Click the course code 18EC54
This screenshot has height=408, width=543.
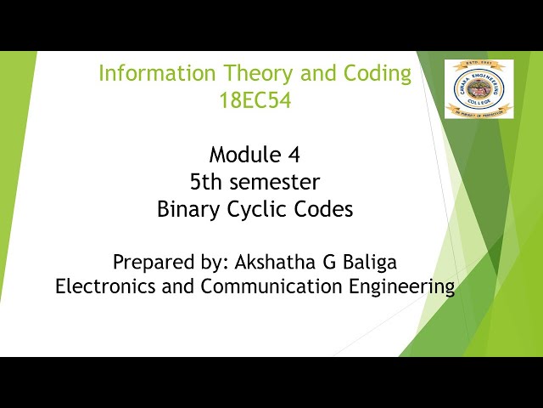click(x=255, y=100)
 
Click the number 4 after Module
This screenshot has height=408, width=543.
click(x=294, y=155)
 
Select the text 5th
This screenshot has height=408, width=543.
click(x=206, y=182)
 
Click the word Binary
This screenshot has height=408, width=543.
click(x=187, y=209)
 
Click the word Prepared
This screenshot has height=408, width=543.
click(x=152, y=260)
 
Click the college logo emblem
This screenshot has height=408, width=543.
click(x=479, y=87)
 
